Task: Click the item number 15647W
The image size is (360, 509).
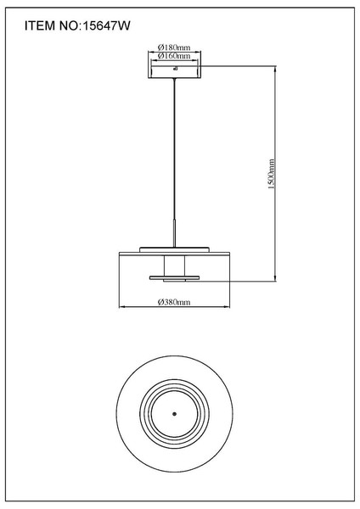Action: point(106,25)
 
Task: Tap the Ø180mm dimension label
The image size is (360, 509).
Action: point(174,48)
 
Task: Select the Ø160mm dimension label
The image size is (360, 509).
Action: point(174,56)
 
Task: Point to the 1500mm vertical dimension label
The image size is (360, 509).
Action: point(272,174)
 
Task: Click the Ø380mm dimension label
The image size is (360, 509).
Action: point(174,302)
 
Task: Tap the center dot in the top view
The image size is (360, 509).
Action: point(174,414)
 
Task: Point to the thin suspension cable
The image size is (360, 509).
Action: point(175,149)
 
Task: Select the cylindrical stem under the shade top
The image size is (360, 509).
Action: point(174,266)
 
